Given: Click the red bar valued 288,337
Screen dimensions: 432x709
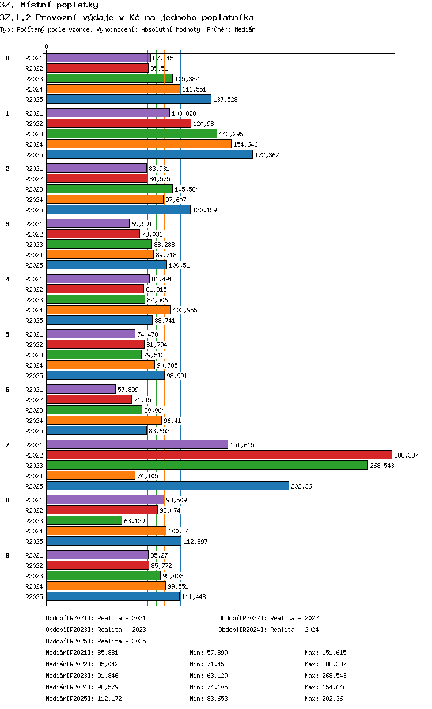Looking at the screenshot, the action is (219, 455).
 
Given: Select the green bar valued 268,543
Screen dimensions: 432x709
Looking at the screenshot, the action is (207, 465).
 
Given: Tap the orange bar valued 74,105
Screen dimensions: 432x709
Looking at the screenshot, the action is (91, 476).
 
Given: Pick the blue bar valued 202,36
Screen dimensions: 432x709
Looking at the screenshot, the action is (168, 486).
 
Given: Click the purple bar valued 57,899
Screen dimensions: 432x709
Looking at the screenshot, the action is (81, 389).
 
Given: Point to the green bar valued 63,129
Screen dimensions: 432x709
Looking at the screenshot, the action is (84, 520).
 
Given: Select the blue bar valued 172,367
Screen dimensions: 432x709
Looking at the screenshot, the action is (150, 154).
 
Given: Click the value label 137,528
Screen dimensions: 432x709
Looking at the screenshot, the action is (225, 100).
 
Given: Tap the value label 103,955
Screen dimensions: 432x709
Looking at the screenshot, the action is (185, 310).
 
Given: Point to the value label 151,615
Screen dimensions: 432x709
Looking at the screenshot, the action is (242, 445).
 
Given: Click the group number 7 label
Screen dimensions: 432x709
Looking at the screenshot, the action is (7, 445).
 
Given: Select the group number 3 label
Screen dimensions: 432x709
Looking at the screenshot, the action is (7, 224).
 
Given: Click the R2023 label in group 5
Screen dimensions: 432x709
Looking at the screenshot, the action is (34, 355).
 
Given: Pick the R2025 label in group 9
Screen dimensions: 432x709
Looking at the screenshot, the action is (34, 597).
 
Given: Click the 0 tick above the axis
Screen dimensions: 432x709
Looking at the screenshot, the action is (46, 47).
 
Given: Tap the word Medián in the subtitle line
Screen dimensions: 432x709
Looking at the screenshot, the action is (245, 29).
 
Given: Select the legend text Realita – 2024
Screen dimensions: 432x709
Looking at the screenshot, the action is (294, 630).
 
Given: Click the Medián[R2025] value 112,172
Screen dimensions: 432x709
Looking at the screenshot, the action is (109, 699).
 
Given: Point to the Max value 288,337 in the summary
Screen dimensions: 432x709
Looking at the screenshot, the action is (334, 664).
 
